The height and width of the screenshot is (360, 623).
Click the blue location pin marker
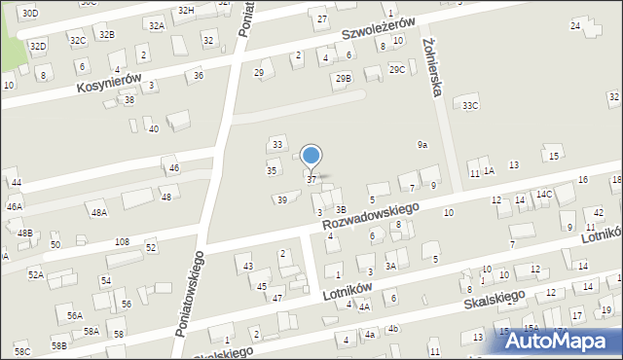[x=311, y=157]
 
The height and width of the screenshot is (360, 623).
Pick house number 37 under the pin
[x=311, y=180]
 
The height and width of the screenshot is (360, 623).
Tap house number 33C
[x=471, y=105]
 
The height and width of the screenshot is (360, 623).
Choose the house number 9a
[x=422, y=145]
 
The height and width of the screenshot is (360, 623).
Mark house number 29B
[x=343, y=79]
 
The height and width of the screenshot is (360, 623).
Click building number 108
[x=122, y=241]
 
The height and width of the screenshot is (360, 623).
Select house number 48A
[x=97, y=213]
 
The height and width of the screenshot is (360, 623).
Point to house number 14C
[x=543, y=195]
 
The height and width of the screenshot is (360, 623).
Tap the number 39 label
[x=282, y=200]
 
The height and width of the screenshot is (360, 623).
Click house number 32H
[x=186, y=10]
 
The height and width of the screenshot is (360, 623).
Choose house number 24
[x=575, y=25]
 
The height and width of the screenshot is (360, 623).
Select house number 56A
[x=75, y=316]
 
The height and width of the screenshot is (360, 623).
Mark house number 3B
[x=341, y=209]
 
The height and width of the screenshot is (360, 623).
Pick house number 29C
[x=396, y=69]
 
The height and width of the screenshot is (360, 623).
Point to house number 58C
[x=22, y=351]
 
